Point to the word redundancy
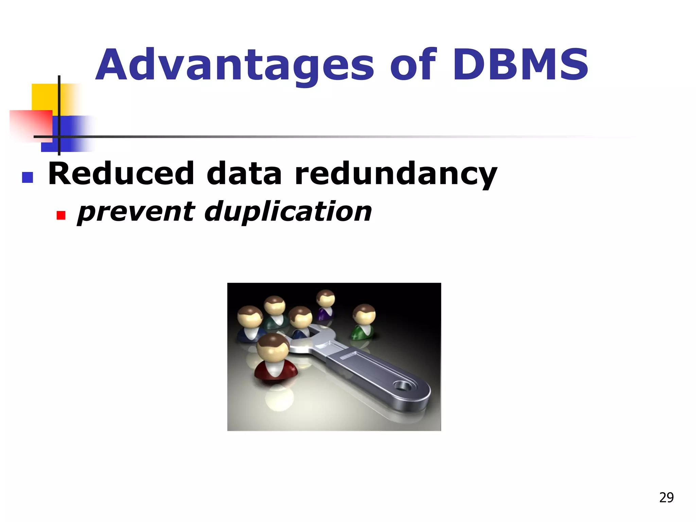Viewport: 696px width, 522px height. (396, 174)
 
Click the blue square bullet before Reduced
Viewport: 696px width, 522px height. (28, 177)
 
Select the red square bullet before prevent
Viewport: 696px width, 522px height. (61, 215)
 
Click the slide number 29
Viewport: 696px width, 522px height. (666, 498)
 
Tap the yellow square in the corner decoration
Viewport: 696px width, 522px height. (44, 97)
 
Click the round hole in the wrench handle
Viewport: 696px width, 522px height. (401, 386)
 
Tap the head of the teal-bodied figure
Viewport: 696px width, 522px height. (275, 305)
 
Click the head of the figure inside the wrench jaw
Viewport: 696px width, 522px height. (300, 316)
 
